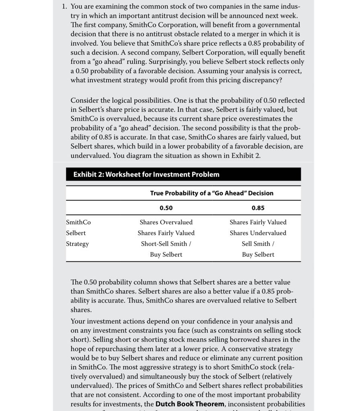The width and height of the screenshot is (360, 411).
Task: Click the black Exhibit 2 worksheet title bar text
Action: tap(146, 174)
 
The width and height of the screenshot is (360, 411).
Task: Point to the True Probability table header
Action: tap(212, 193)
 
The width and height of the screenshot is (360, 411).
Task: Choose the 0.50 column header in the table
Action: tap(166, 208)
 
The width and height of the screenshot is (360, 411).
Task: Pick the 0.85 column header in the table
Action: tap(258, 208)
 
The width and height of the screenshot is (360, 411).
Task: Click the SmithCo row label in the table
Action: tap(78, 222)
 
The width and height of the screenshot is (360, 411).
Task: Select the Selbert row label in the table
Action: tap(76, 233)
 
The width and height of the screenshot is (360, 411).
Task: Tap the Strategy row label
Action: tap(78, 244)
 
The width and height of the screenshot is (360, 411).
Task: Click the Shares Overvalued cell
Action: tap(166, 222)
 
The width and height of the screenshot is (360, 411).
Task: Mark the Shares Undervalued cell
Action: tap(258, 233)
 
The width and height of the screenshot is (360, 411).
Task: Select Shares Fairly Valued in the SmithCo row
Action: tap(258, 222)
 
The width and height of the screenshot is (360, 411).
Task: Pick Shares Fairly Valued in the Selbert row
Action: tap(166, 233)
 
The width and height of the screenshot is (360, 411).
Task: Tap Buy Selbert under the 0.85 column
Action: tap(258, 254)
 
